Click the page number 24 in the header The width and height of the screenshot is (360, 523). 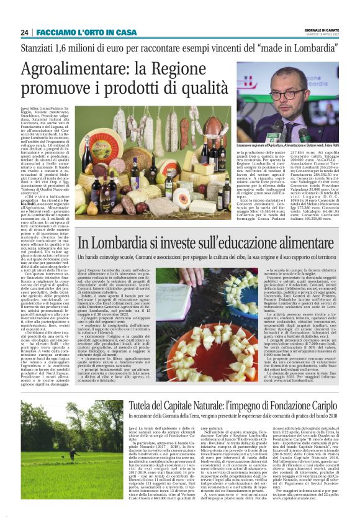[24, 32]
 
